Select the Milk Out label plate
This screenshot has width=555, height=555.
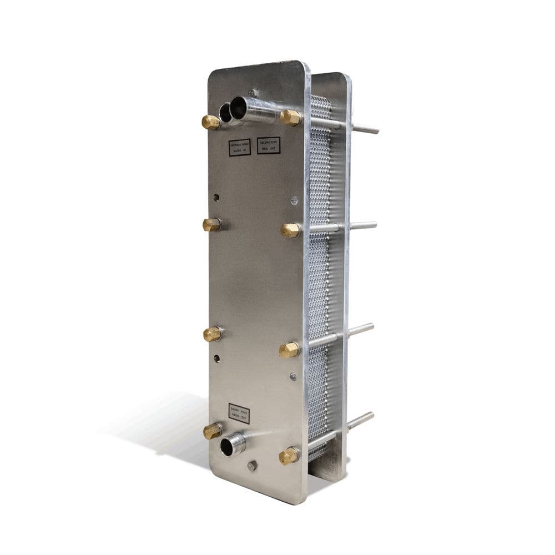[x=269, y=145]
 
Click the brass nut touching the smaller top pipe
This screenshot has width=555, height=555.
[x=210, y=122]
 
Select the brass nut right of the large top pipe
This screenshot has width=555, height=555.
[x=290, y=118]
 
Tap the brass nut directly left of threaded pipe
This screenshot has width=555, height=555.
[x=211, y=431]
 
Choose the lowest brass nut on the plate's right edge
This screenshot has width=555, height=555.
[x=288, y=456]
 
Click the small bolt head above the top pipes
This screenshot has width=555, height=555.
[x=253, y=93]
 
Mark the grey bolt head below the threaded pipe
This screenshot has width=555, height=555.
[x=252, y=465]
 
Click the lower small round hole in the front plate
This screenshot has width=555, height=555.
[x=218, y=358]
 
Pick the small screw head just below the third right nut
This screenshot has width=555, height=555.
[x=293, y=376]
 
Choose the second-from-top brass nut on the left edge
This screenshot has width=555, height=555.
[x=211, y=225]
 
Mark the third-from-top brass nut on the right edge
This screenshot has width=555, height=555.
[x=289, y=350]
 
